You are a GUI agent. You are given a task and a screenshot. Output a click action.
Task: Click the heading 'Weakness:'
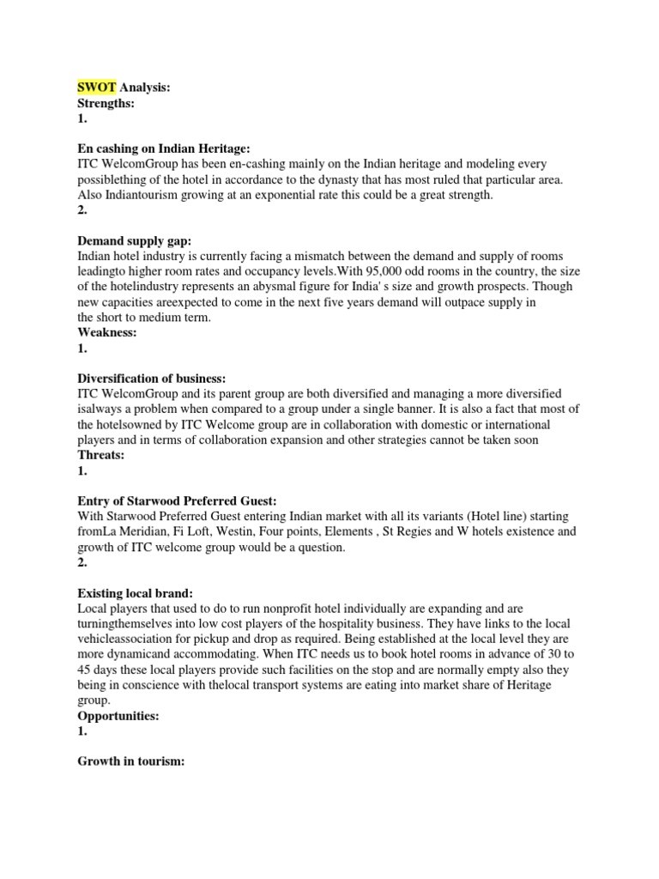point(107,332)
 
